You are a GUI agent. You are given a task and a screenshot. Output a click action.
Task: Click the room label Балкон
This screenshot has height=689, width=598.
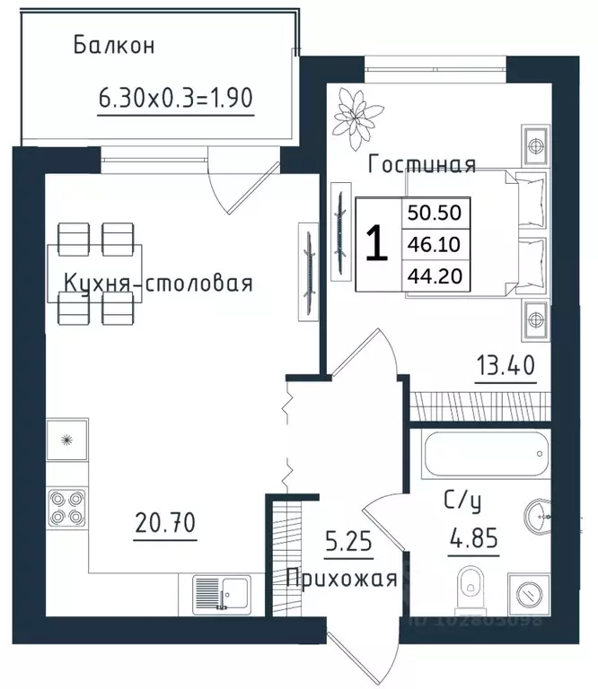tap(114, 45)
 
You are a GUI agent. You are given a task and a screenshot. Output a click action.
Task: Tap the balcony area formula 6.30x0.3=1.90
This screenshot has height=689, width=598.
tap(177, 96)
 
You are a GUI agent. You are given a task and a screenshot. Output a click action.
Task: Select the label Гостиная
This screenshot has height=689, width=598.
tap(422, 164)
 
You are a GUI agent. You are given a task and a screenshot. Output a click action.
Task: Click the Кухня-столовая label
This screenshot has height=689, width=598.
tap(157, 283)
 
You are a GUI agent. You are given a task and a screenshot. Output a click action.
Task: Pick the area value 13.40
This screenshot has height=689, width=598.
tap(506, 366)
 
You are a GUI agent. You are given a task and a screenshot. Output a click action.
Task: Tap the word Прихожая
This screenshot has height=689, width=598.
tap(340, 578)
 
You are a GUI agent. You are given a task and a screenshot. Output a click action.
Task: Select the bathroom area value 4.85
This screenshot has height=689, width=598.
tap(472, 541)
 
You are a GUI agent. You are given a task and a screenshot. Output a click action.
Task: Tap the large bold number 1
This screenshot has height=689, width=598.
tap(378, 244)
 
